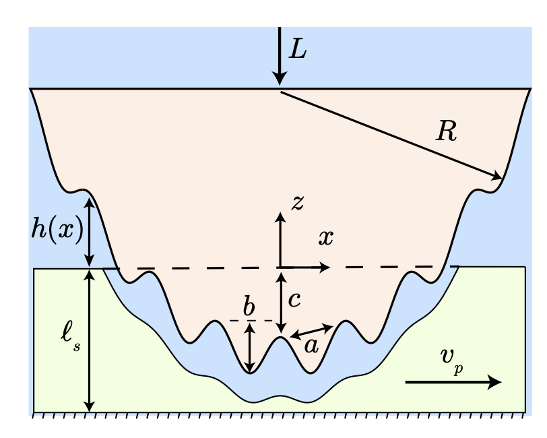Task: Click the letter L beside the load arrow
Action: click(x=297, y=49)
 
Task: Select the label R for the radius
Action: click(x=447, y=132)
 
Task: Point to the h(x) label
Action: click(x=57, y=230)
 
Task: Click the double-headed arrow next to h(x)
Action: click(x=90, y=230)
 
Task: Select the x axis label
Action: click(x=326, y=237)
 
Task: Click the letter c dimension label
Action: click(x=294, y=299)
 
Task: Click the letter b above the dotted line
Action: click(x=249, y=308)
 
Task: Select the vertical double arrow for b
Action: click(x=250, y=348)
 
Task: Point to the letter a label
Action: click(x=311, y=346)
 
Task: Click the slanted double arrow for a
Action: click(x=311, y=331)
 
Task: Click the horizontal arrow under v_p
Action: click(x=453, y=382)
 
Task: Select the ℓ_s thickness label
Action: click(x=70, y=337)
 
